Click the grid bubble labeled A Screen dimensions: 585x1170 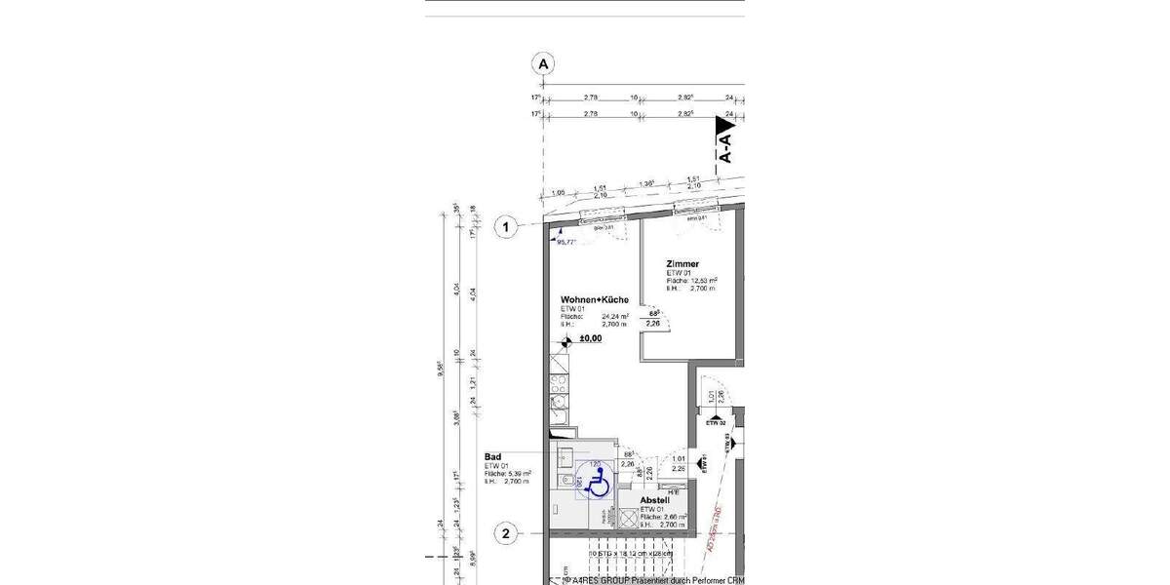coord(543,64)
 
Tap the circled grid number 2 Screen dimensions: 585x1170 coord(505,534)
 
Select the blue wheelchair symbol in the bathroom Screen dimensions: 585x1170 coord(600,483)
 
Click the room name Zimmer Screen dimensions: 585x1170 coord(682,264)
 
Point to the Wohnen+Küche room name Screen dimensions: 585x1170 coord(594,300)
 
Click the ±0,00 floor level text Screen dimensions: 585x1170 coord(590,339)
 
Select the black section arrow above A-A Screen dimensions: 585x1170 coord(724,127)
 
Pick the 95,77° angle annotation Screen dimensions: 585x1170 coord(566,241)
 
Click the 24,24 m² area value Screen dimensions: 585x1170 coord(615,317)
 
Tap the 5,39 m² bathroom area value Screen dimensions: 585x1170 coord(520,473)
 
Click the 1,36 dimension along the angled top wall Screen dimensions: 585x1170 coord(645,184)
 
